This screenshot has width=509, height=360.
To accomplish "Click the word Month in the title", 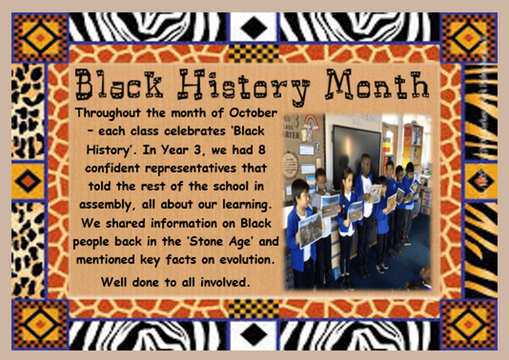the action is click(378, 84).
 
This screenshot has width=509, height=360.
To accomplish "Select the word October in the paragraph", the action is click(253, 112).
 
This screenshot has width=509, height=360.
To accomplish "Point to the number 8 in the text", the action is click(262, 150).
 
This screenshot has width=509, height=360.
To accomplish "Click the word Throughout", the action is click(108, 113).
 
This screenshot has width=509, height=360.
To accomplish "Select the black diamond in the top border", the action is click(254, 28).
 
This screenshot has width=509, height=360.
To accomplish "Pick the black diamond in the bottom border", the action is click(254, 334).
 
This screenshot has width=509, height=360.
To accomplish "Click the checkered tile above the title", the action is click(253, 53).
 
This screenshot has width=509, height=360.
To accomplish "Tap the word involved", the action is click(225, 282).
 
